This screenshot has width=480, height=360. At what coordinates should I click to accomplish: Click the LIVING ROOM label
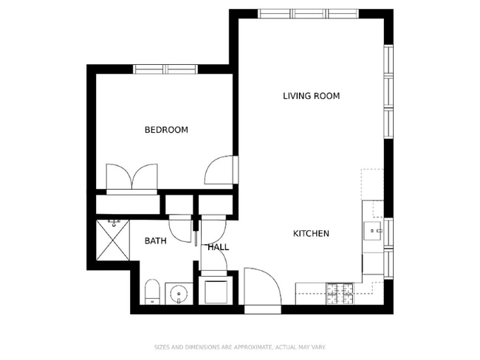tap(311, 96)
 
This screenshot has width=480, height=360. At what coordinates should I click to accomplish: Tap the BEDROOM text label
tap(165, 130)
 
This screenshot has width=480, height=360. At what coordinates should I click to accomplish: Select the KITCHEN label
tap(311, 234)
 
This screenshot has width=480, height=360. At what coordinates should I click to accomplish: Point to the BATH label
tap(155, 241)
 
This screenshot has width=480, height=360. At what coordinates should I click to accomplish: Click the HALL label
tap(218, 247)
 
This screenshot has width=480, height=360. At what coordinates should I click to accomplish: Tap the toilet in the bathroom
tap(151, 292)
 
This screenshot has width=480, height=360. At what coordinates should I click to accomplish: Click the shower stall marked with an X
tap(112, 241)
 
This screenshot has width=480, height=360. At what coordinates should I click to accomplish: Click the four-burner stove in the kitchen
tap(341, 293)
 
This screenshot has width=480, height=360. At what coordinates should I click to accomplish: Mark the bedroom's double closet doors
tap(131, 177)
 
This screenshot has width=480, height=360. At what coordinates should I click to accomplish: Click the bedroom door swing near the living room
tap(219, 170)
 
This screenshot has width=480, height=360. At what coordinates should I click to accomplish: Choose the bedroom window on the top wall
tap(165, 69)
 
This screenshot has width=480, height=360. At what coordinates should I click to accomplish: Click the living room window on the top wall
tap(309, 14)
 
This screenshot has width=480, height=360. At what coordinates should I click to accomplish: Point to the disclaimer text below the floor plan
tap(239, 347)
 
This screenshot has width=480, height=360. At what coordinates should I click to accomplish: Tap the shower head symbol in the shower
tap(114, 221)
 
